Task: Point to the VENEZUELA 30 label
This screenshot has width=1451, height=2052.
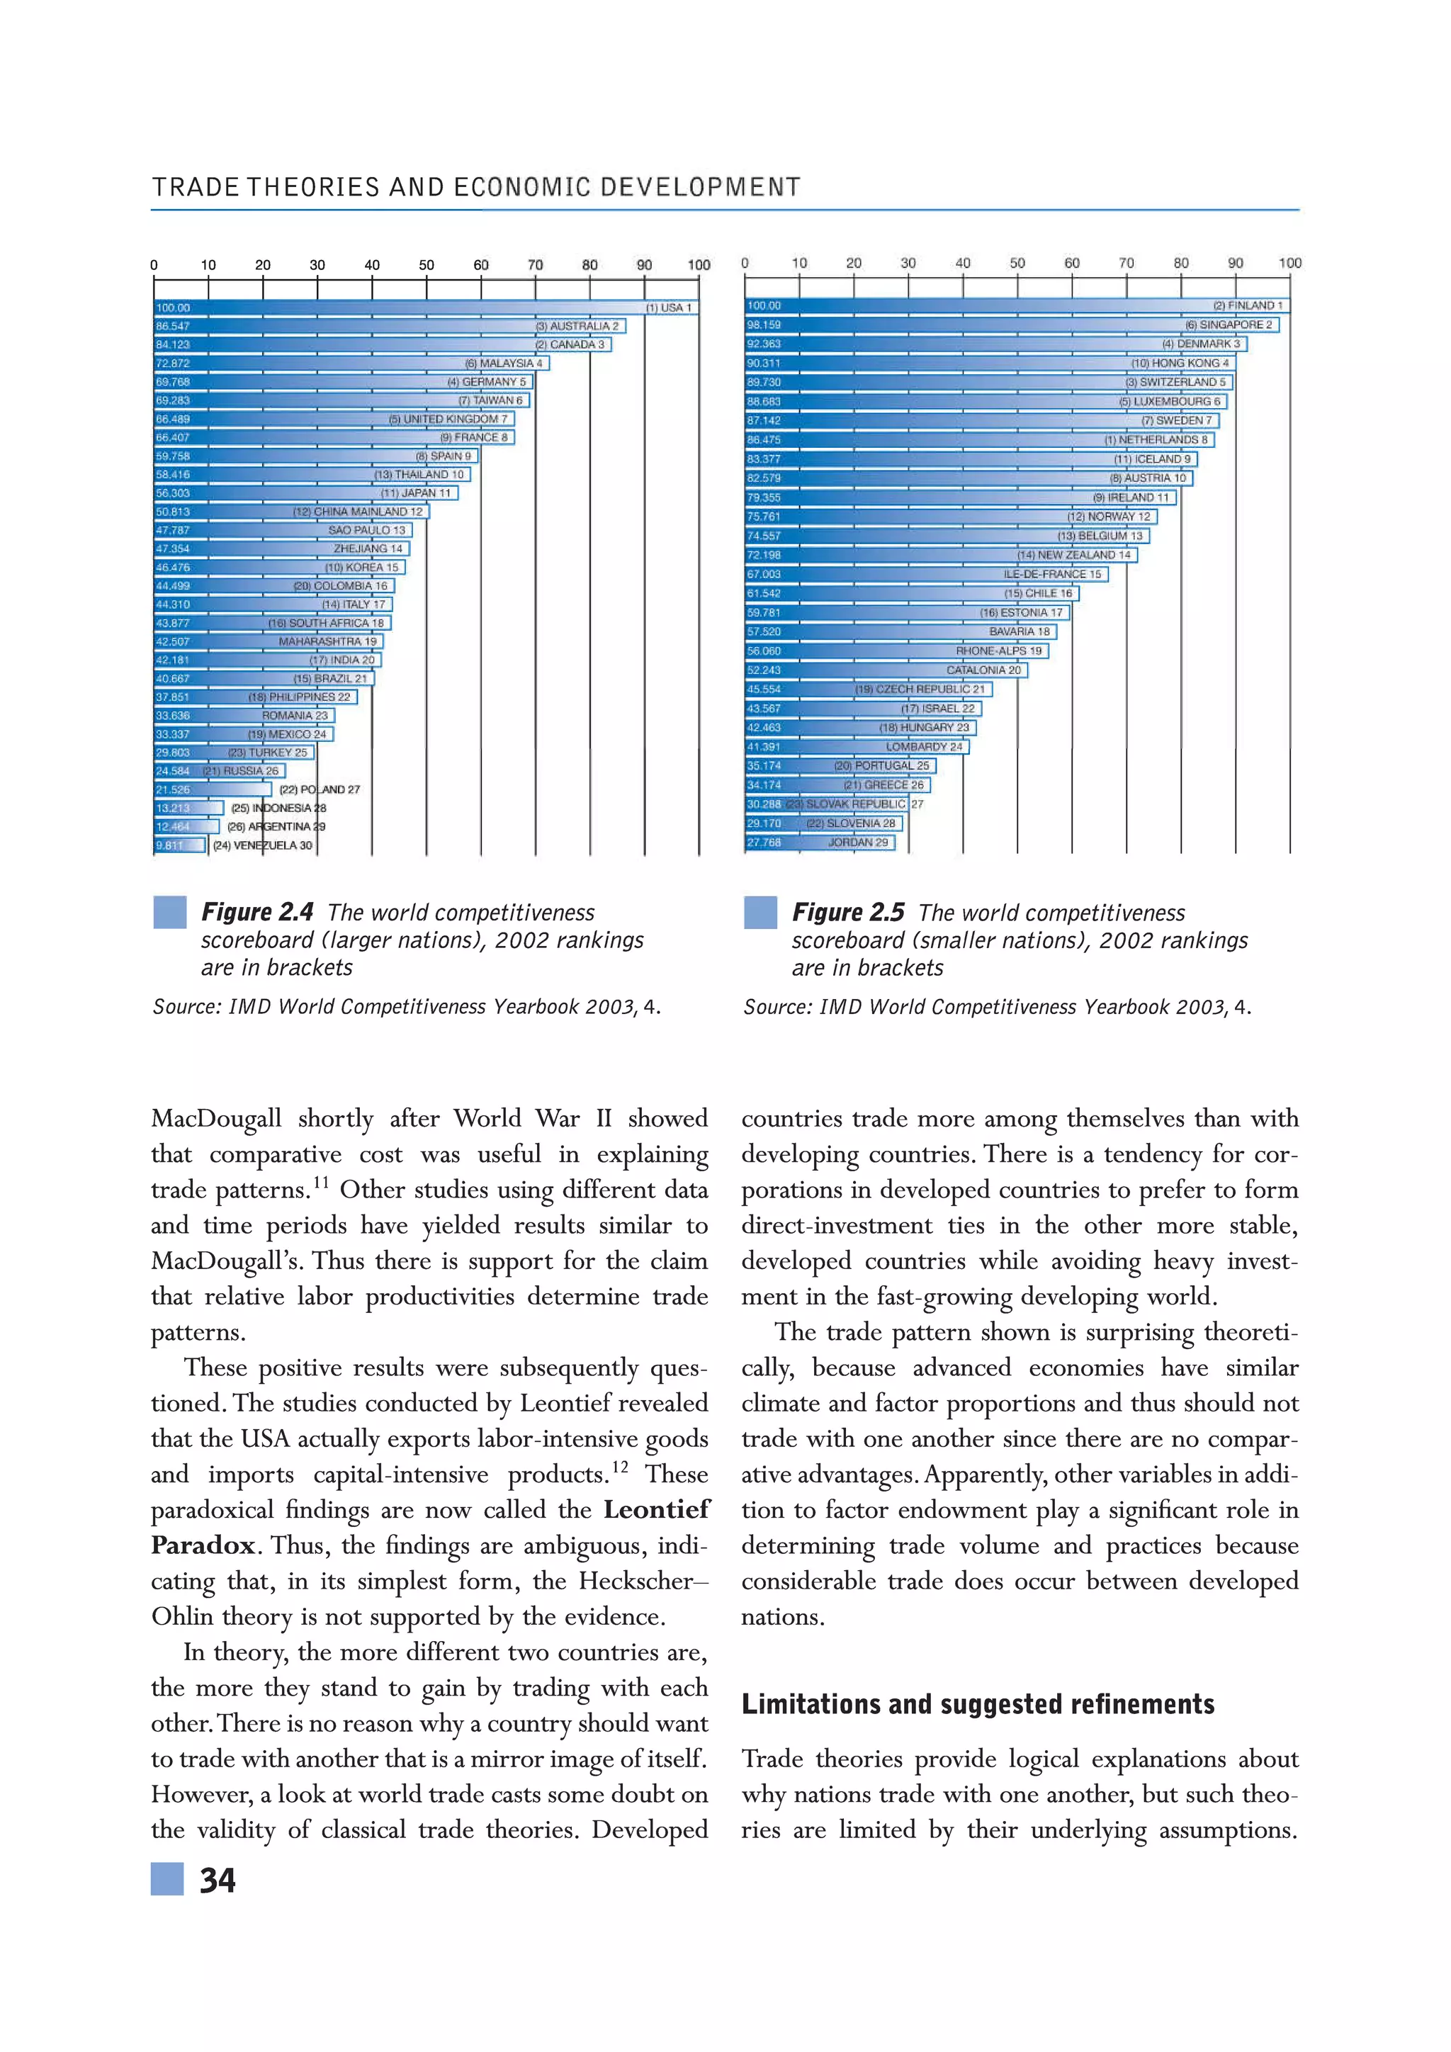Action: pyautogui.click(x=263, y=845)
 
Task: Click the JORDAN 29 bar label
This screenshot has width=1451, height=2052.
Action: pyautogui.click(x=858, y=842)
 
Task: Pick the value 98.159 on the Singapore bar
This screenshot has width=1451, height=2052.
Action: pyautogui.click(x=764, y=325)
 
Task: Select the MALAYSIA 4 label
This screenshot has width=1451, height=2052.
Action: pyautogui.click(x=504, y=363)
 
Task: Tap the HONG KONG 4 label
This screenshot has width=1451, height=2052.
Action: pyautogui.click(x=1180, y=363)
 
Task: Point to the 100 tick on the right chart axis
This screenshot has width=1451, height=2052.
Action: pyautogui.click(x=1289, y=263)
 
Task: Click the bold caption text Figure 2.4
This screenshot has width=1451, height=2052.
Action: pyautogui.click(x=257, y=912)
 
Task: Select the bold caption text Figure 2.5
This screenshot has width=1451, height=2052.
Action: pyautogui.click(x=848, y=912)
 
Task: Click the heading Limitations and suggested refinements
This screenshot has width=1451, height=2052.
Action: pyautogui.click(x=978, y=1703)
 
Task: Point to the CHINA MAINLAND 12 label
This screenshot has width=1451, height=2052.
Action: pyautogui.click(x=358, y=511)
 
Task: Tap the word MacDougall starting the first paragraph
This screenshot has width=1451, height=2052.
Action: pyautogui.click(x=217, y=1118)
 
